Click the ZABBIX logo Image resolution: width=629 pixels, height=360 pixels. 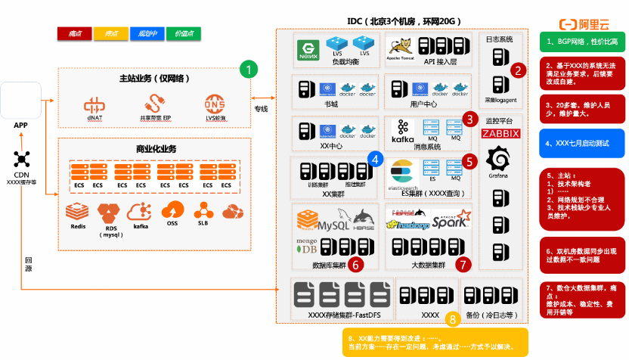pyautogui.click(x=500, y=133)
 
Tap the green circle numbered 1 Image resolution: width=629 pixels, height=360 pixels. pyautogui.click(x=249, y=70)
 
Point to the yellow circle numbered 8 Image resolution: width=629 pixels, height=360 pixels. pyautogui.click(x=452, y=319)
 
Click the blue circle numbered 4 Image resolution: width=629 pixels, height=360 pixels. pyautogui.click(x=375, y=158)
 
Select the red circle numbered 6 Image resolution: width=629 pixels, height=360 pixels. pyautogui.click(x=357, y=264)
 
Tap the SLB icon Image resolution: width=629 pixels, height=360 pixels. pyautogui.click(x=203, y=209)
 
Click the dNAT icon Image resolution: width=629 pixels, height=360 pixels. pyautogui.click(x=94, y=104)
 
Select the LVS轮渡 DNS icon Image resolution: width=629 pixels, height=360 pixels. pyautogui.click(x=215, y=104)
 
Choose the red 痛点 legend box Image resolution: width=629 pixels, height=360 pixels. pyautogui.click(x=75, y=34)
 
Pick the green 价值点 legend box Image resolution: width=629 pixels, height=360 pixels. pyautogui.click(x=184, y=34)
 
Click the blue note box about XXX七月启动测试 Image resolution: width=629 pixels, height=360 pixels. pyautogui.click(x=581, y=142)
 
